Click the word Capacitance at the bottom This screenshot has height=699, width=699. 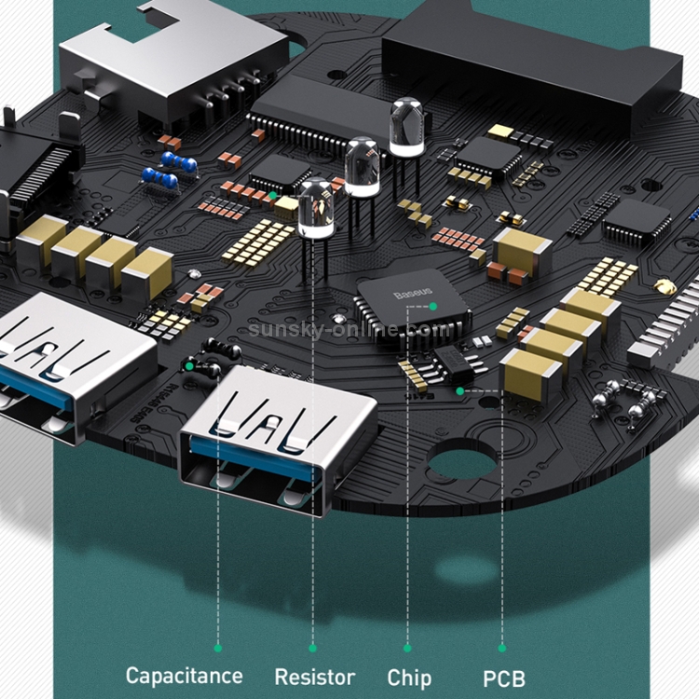tap(185, 676)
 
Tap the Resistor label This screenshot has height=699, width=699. tap(315, 677)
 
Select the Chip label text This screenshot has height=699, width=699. tap(409, 678)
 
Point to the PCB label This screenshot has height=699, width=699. tap(504, 678)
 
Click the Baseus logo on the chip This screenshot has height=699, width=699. tap(413, 293)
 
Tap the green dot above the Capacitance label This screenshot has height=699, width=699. tap(218, 648)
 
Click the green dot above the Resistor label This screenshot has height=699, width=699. tap(312, 648)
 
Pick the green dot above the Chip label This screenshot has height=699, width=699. tap(407, 648)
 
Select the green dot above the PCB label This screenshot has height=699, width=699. tap(502, 648)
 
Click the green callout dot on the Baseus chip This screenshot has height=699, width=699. tap(432, 307)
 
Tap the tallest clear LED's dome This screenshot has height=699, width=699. tap(406, 126)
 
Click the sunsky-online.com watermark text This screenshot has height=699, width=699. tap(349, 329)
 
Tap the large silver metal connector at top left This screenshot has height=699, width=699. tap(174, 61)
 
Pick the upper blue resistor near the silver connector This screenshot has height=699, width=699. tap(179, 162)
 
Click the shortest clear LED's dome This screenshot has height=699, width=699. tap(316, 207)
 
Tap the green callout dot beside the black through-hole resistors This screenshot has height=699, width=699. tap(189, 366)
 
